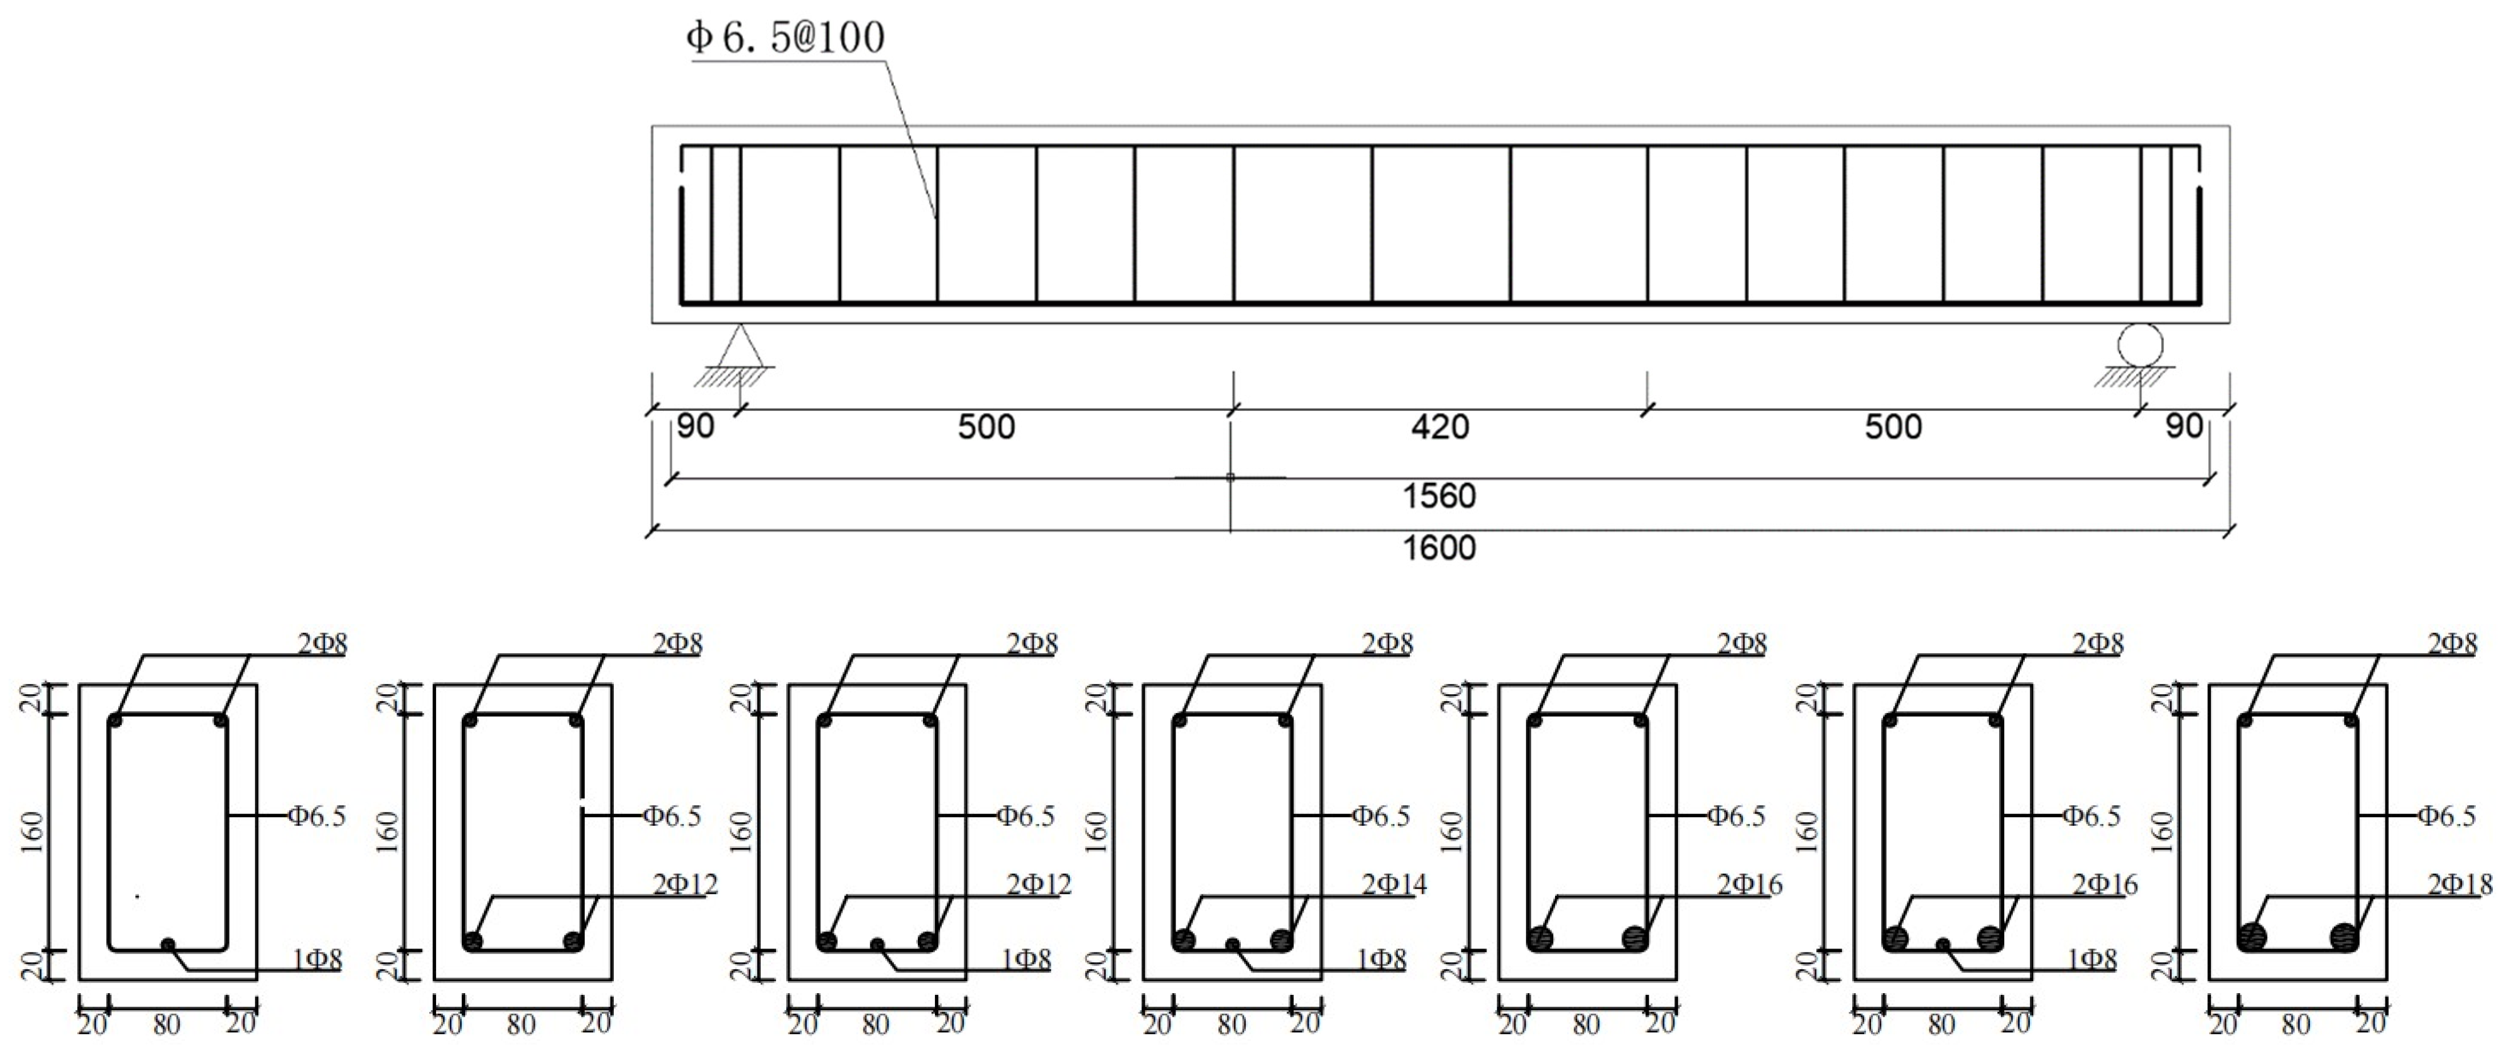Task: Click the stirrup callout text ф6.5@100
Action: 785,38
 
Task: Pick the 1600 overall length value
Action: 1438,549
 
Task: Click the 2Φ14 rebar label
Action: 1394,884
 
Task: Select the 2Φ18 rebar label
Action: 2460,884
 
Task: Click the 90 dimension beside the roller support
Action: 2184,426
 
